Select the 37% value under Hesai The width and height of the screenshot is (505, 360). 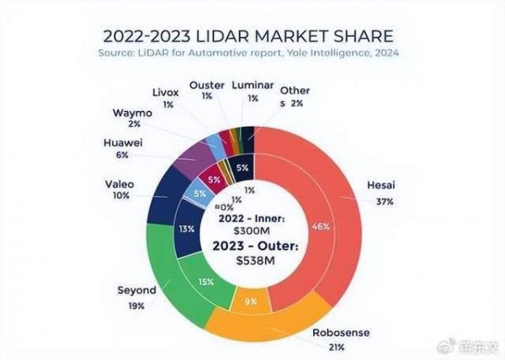point(382,202)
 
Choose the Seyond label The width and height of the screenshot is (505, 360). point(134,290)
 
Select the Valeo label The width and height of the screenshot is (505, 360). point(120,183)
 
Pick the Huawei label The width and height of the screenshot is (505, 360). point(121,142)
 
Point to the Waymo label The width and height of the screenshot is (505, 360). point(130,112)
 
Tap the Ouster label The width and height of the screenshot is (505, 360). point(207,85)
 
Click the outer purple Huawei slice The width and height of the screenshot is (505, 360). point(195,152)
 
